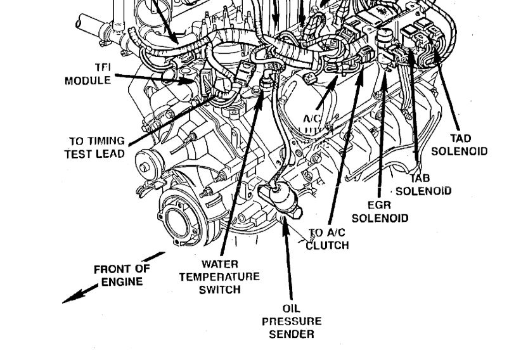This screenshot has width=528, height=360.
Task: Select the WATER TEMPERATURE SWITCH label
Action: point(219,276)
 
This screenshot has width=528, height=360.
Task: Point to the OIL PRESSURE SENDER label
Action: point(292,321)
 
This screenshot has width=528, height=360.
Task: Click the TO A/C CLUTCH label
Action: point(327,239)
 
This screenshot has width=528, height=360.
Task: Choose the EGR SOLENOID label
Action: point(379,212)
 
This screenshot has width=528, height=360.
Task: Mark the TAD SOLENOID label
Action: point(460,145)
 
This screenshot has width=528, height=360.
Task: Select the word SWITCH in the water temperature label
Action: point(219,290)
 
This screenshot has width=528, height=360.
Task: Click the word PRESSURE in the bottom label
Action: point(292,321)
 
